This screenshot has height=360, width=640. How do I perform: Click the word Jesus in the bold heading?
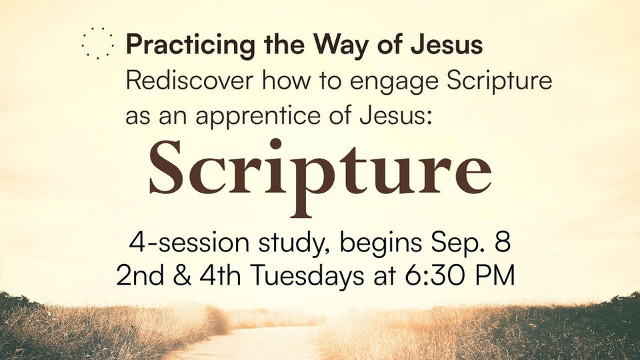pyautogui.click(x=447, y=44)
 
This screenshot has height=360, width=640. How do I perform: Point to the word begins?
pyautogui.click(x=381, y=245)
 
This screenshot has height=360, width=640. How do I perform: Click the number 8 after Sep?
pyautogui.click(x=503, y=243)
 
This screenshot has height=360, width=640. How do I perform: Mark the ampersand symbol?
pyautogui.click(x=181, y=275)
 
